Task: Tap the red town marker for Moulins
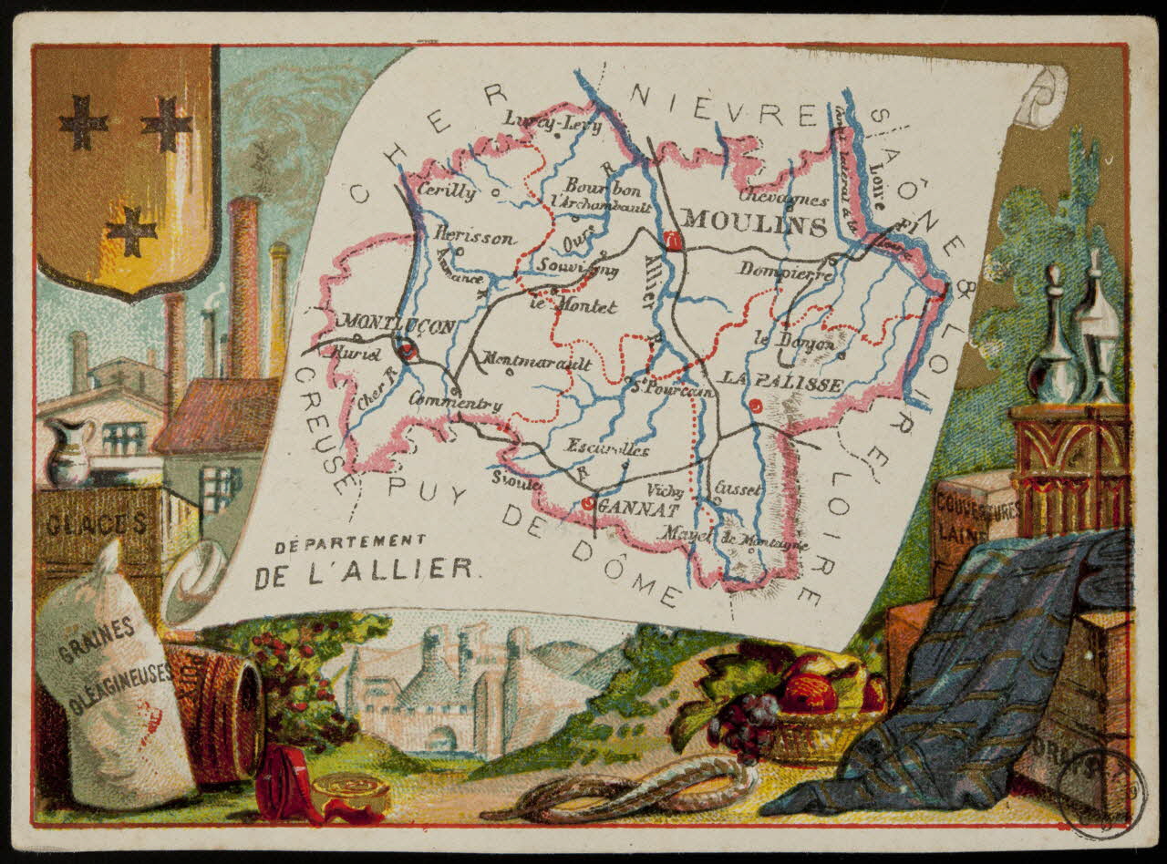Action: point(674,241)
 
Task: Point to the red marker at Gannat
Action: point(589,502)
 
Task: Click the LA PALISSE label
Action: point(782,385)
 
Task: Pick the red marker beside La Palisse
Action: point(756,406)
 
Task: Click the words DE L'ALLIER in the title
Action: point(364,571)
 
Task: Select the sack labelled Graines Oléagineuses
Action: point(110,674)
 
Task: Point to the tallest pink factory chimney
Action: point(243,283)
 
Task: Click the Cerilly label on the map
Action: point(446,191)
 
